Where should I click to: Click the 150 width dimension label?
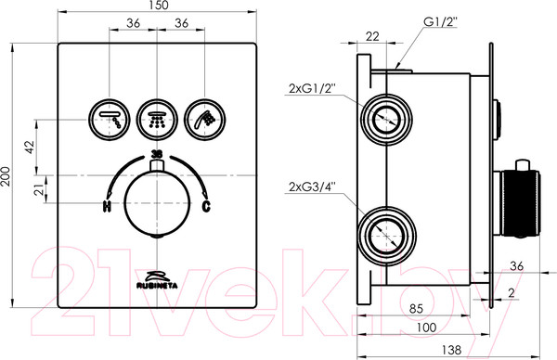158,6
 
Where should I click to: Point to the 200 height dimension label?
6,175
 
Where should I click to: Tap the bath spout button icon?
109,120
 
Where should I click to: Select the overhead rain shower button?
157,120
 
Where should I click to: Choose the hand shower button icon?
205,120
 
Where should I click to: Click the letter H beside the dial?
107,206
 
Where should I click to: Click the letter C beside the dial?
206,206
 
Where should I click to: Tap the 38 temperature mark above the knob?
157,154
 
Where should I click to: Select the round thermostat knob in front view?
157,203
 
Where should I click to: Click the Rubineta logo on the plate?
157,280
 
